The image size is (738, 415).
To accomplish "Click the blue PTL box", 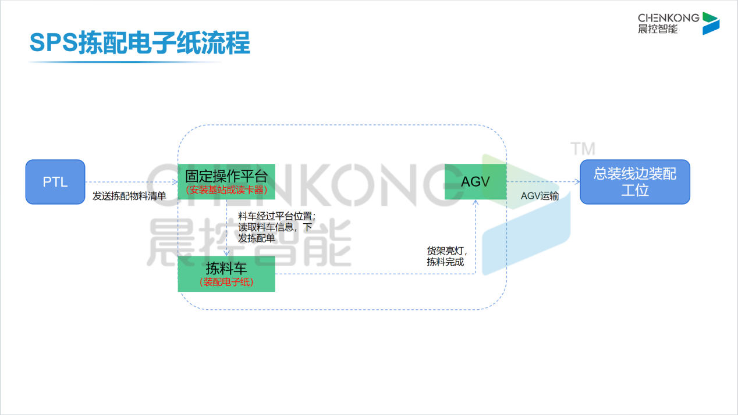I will (x=55, y=182).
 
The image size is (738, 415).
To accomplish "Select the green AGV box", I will (x=475, y=182).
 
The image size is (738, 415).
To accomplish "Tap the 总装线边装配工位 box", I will (x=634, y=182).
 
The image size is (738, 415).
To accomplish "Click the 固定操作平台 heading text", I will (x=226, y=176).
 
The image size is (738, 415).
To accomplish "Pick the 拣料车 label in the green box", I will (x=226, y=269).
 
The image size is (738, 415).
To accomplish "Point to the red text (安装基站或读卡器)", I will (x=226, y=189).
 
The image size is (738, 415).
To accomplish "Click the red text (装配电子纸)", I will (x=226, y=282).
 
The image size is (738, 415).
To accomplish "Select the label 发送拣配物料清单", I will (x=129, y=196).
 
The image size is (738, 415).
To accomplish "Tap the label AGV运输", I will (x=540, y=196).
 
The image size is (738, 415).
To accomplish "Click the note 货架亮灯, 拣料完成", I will (x=446, y=256).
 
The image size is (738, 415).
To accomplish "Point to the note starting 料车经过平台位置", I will (x=276, y=227).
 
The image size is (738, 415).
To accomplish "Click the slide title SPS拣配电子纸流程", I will (x=140, y=42).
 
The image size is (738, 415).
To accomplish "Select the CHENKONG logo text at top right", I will (x=668, y=18).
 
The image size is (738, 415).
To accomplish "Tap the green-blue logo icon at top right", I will (x=711, y=23).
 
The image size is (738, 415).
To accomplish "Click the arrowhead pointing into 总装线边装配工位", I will (x=577, y=182).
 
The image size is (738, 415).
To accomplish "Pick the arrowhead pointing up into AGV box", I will (x=476, y=203).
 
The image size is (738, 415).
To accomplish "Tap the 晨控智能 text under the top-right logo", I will (x=658, y=29).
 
